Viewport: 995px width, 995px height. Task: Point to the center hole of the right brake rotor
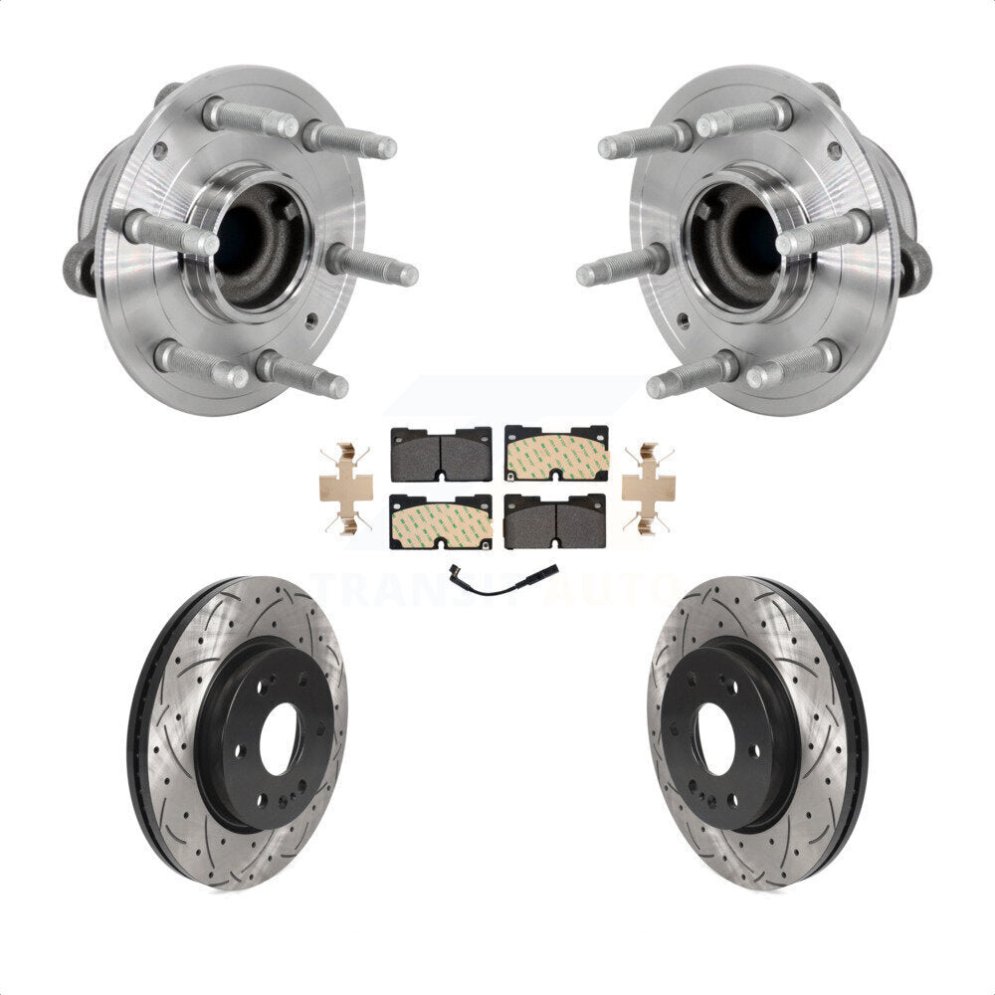pos(714,737)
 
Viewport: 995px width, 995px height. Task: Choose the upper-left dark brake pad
pos(441,454)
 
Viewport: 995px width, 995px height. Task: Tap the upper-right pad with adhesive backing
pos(556,454)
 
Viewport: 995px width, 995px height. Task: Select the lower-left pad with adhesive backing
pos(441,521)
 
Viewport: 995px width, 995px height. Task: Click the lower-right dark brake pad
pos(555,521)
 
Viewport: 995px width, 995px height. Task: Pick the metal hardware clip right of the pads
pos(648,488)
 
